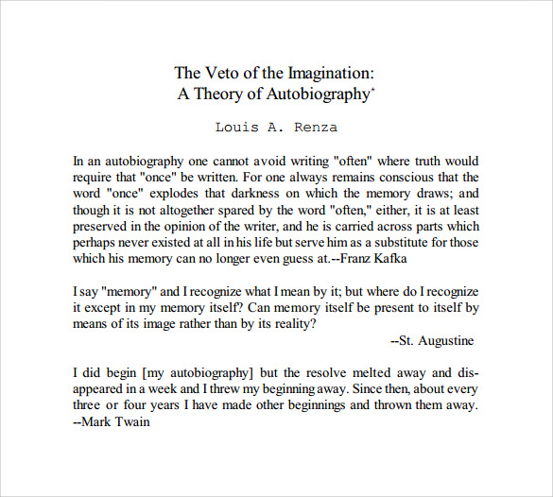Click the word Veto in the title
[x=226, y=73]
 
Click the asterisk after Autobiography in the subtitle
[x=373, y=89]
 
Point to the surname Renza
[x=316, y=127]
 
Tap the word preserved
[x=103, y=225]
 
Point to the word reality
[x=290, y=324]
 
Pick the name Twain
[x=131, y=421]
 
